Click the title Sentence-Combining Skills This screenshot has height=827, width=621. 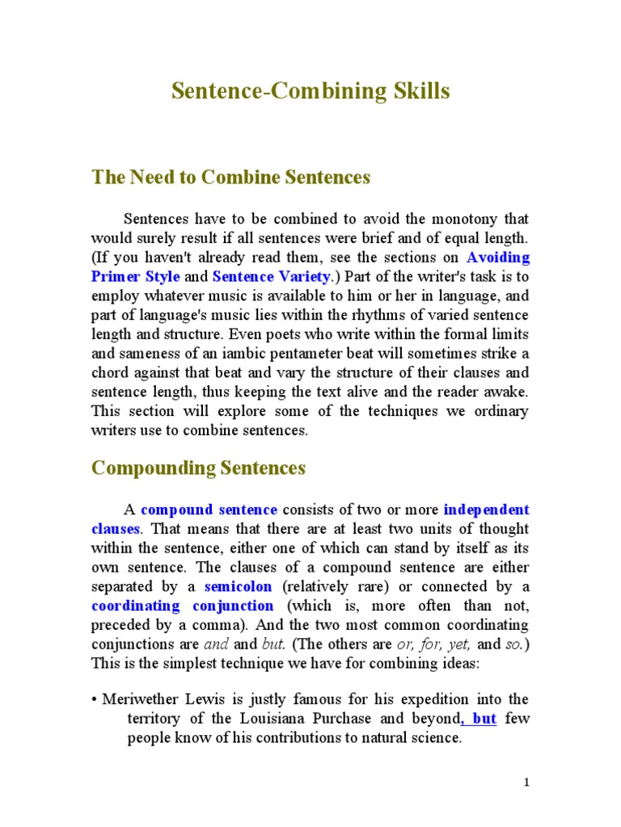310,91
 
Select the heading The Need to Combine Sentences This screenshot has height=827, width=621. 230,178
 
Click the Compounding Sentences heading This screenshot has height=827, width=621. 198,468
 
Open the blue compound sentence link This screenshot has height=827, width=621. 209,510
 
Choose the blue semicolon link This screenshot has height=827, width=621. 239,586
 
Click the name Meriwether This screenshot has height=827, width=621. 147,699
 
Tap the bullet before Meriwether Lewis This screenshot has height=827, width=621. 94,699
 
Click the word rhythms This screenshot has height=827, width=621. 365,315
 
